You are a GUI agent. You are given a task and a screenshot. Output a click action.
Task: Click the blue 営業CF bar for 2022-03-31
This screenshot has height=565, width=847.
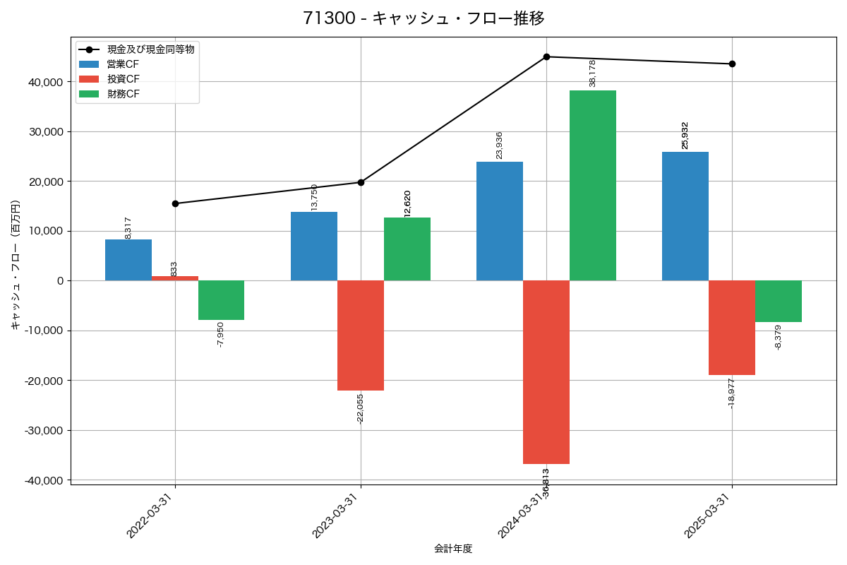[x=128, y=260]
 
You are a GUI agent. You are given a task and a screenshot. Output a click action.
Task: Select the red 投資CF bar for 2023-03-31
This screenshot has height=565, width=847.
[x=360, y=335]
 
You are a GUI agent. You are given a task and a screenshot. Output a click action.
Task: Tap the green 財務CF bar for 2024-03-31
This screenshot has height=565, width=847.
[x=592, y=185]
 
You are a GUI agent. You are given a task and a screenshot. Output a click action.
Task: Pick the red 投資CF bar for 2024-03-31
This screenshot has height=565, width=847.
[x=546, y=372]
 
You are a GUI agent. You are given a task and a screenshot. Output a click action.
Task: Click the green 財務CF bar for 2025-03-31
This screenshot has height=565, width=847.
[x=778, y=302]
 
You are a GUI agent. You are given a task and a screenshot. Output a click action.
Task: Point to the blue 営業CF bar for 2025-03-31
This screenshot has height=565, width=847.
[x=685, y=216]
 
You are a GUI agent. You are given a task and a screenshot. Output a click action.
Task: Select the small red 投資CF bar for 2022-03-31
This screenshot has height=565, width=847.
[x=174, y=278]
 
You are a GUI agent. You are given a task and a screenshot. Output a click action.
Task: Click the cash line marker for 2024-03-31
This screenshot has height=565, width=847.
[x=546, y=56]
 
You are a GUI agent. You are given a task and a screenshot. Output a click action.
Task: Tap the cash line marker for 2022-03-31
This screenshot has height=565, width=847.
[x=175, y=203]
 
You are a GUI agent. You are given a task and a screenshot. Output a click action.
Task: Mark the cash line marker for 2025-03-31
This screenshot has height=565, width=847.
[x=732, y=64]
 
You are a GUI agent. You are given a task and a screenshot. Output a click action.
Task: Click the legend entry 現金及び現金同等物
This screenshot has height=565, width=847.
[x=150, y=49]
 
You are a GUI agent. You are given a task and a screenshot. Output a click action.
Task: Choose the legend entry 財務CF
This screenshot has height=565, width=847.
[x=124, y=94]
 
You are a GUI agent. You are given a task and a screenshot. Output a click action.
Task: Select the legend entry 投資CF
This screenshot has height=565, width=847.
[x=124, y=79]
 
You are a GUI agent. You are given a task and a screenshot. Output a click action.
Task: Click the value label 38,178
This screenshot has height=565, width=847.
[x=592, y=73]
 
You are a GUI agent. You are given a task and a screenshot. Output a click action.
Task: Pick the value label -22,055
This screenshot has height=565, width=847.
[x=360, y=408]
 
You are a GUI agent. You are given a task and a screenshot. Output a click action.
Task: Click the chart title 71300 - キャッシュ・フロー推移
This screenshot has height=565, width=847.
[x=423, y=18]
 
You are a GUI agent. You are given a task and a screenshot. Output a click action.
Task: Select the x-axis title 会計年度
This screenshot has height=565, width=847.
[x=452, y=549]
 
